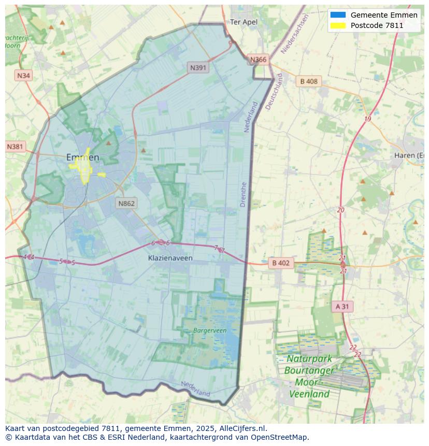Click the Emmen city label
tap(82, 157)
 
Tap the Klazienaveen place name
tap(170, 257)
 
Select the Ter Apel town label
tap(244, 22)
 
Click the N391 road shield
tap(198, 67)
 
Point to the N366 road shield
tap(258, 60)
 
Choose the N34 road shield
tap(23, 76)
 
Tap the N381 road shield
tap(16, 147)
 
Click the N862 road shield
tap(126, 203)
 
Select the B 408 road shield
tap(309, 81)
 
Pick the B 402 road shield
tap(280, 263)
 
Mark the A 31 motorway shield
tap(342, 306)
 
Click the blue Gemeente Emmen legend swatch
tap(337, 15)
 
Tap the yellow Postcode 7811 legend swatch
tap(337, 25)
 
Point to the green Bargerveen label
tap(210, 330)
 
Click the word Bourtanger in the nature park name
tap(309, 371)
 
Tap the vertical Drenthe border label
tap(244, 194)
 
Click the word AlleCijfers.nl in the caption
tap(242, 428)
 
